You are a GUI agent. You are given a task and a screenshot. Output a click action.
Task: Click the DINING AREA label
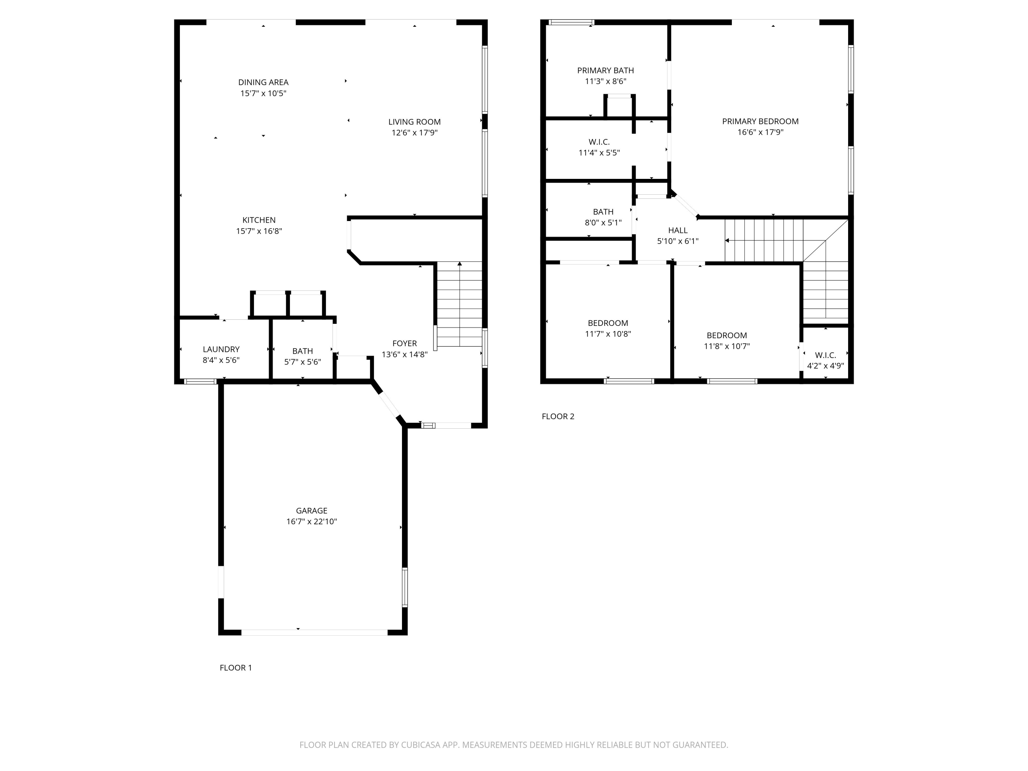pyautogui.click(x=263, y=82)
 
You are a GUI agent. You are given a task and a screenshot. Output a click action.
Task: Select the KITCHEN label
pyautogui.click(x=259, y=220)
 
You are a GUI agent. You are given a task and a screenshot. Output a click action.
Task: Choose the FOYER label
pyautogui.click(x=404, y=343)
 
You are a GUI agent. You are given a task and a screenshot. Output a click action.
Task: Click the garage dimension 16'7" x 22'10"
pyautogui.click(x=311, y=522)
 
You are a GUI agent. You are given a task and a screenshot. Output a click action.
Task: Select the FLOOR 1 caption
pyautogui.click(x=236, y=668)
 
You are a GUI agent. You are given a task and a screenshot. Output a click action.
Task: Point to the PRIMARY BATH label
pyautogui.click(x=605, y=71)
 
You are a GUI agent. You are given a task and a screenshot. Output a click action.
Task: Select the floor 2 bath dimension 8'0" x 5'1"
pyautogui.click(x=603, y=223)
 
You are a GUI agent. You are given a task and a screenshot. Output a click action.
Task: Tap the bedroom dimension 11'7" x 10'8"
pyautogui.click(x=608, y=334)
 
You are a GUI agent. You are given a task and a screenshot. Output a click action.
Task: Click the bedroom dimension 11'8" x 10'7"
pyautogui.click(x=726, y=346)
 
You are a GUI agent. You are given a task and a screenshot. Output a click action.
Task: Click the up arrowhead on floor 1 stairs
pyautogui.click(x=460, y=264)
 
